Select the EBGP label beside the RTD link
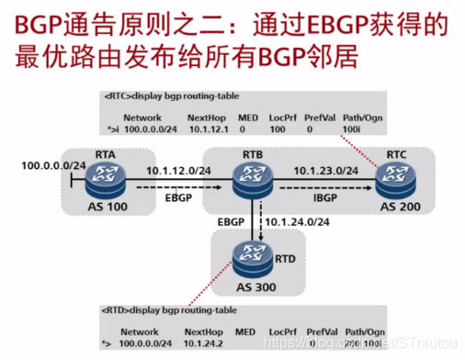tap(231, 222)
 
